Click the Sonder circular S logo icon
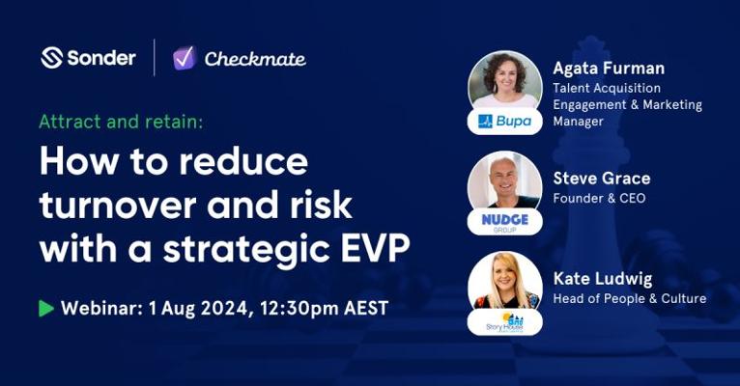pyautogui.click(x=51, y=58)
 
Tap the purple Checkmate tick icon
pyautogui.click(x=185, y=58)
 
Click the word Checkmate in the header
pyautogui.click(x=255, y=59)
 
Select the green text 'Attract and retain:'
pyautogui.click(x=121, y=122)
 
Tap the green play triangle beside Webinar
pyautogui.click(x=46, y=308)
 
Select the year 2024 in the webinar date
pyautogui.click(x=221, y=308)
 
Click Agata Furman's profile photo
pyautogui.click(x=504, y=81)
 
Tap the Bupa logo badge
pyautogui.click(x=504, y=122)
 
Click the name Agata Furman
pyautogui.click(x=609, y=69)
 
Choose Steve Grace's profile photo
pyautogui.click(x=504, y=180)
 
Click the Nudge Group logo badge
pyautogui.click(x=504, y=222)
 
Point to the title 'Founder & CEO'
pyautogui.click(x=599, y=198)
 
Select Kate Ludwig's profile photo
pyautogui.click(x=504, y=281)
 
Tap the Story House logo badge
pyautogui.click(x=504, y=322)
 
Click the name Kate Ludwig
pyautogui.click(x=603, y=279)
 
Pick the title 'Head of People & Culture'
pyautogui.click(x=630, y=298)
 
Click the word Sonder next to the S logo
pyautogui.click(x=101, y=58)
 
